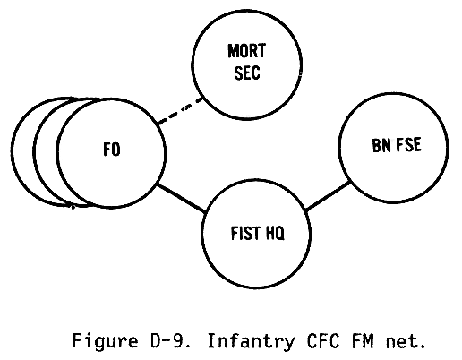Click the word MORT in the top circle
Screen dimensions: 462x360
(x=246, y=51)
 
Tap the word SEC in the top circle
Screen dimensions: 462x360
(x=247, y=73)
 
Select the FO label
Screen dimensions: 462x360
(x=112, y=150)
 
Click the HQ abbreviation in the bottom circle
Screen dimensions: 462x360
(x=275, y=233)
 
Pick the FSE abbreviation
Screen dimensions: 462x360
(x=408, y=145)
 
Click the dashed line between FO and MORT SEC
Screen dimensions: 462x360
(x=180, y=110)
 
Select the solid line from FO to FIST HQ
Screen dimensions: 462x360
(x=181, y=199)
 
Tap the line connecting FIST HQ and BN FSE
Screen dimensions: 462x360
(x=329, y=196)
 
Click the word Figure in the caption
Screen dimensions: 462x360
(x=105, y=341)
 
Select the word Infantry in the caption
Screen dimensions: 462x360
(x=251, y=341)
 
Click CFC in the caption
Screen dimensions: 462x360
(x=322, y=340)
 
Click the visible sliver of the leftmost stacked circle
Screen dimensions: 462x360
(x=13, y=151)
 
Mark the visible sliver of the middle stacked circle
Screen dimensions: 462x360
(x=35, y=151)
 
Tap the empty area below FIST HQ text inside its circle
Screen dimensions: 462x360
(x=256, y=262)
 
